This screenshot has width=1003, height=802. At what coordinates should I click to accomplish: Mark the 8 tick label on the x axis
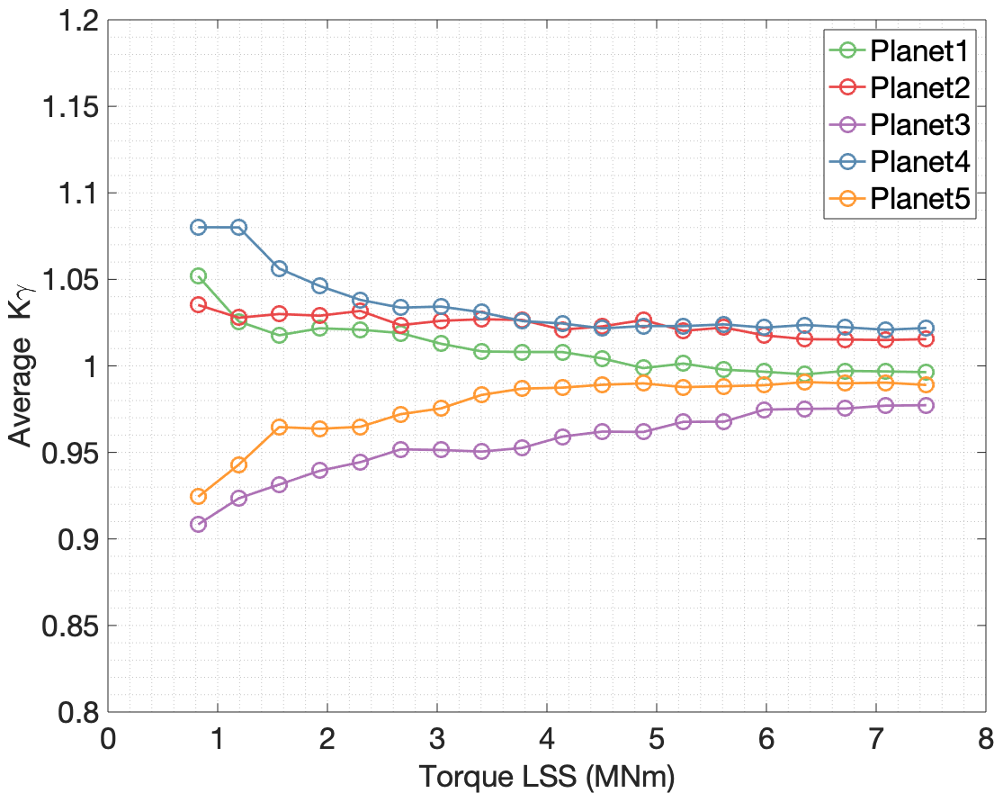point(985,740)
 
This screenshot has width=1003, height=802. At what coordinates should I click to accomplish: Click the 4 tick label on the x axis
point(546,740)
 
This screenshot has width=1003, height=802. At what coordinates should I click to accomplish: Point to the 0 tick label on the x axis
point(108,740)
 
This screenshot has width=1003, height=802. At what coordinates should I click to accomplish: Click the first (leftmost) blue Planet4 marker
point(198,227)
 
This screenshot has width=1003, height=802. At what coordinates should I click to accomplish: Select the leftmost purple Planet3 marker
point(198,524)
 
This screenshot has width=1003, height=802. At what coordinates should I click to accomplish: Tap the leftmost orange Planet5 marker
point(198,496)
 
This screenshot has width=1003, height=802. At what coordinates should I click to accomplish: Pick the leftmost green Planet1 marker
point(198,275)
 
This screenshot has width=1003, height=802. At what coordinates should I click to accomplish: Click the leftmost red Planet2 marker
point(198,304)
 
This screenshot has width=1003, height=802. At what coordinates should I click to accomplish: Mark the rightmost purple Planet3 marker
point(925,405)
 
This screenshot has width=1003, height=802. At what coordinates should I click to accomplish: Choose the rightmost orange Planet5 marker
point(925,384)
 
